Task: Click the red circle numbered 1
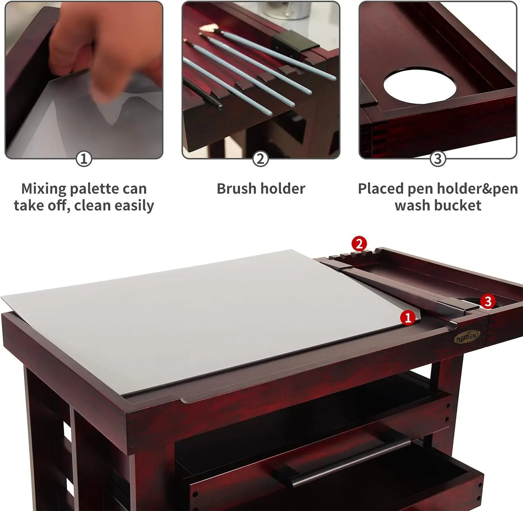[x=408, y=318]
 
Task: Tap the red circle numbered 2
[x=359, y=244]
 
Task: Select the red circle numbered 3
[x=488, y=301]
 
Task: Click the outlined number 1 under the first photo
[x=84, y=159]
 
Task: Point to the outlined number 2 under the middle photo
[x=261, y=159]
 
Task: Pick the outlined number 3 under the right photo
[x=438, y=159]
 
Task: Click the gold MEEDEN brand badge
[x=467, y=336]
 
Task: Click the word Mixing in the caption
[x=44, y=189]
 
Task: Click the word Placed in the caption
[x=381, y=189]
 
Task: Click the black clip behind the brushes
[x=293, y=44]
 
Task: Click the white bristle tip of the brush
[x=208, y=27]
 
